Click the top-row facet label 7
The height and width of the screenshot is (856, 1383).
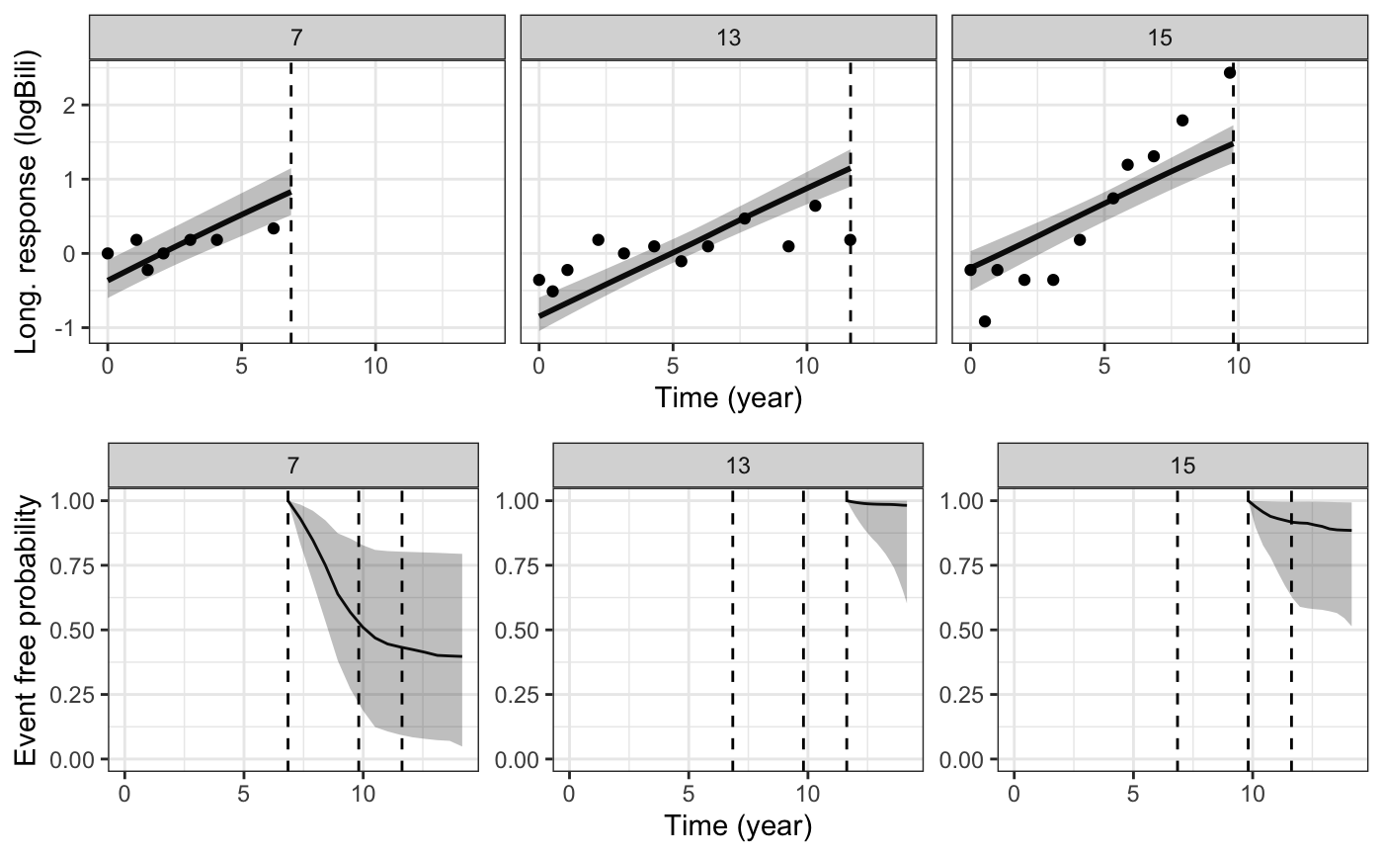click(x=297, y=37)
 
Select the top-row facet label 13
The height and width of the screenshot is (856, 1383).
click(x=728, y=37)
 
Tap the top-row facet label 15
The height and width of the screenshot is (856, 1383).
click(x=1159, y=37)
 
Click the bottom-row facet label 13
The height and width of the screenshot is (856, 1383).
click(x=738, y=465)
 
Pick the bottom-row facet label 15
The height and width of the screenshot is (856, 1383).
click(x=1182, y=465)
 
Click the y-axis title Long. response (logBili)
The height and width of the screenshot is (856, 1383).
click(x=30, y=203)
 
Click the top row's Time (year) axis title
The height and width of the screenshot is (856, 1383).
click(x=728, y=398)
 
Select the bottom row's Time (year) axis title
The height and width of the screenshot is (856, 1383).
click(x=738, y=826)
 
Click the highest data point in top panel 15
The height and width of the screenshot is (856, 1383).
click(x=1230, y=72)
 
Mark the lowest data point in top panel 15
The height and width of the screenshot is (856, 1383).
click(x=985, y=321)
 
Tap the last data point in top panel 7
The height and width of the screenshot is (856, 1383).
click(x=274, y=228)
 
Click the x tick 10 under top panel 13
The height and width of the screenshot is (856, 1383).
click(x=807, y=364)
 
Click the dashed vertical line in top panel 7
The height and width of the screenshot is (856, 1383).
click(x=291, y=198)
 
